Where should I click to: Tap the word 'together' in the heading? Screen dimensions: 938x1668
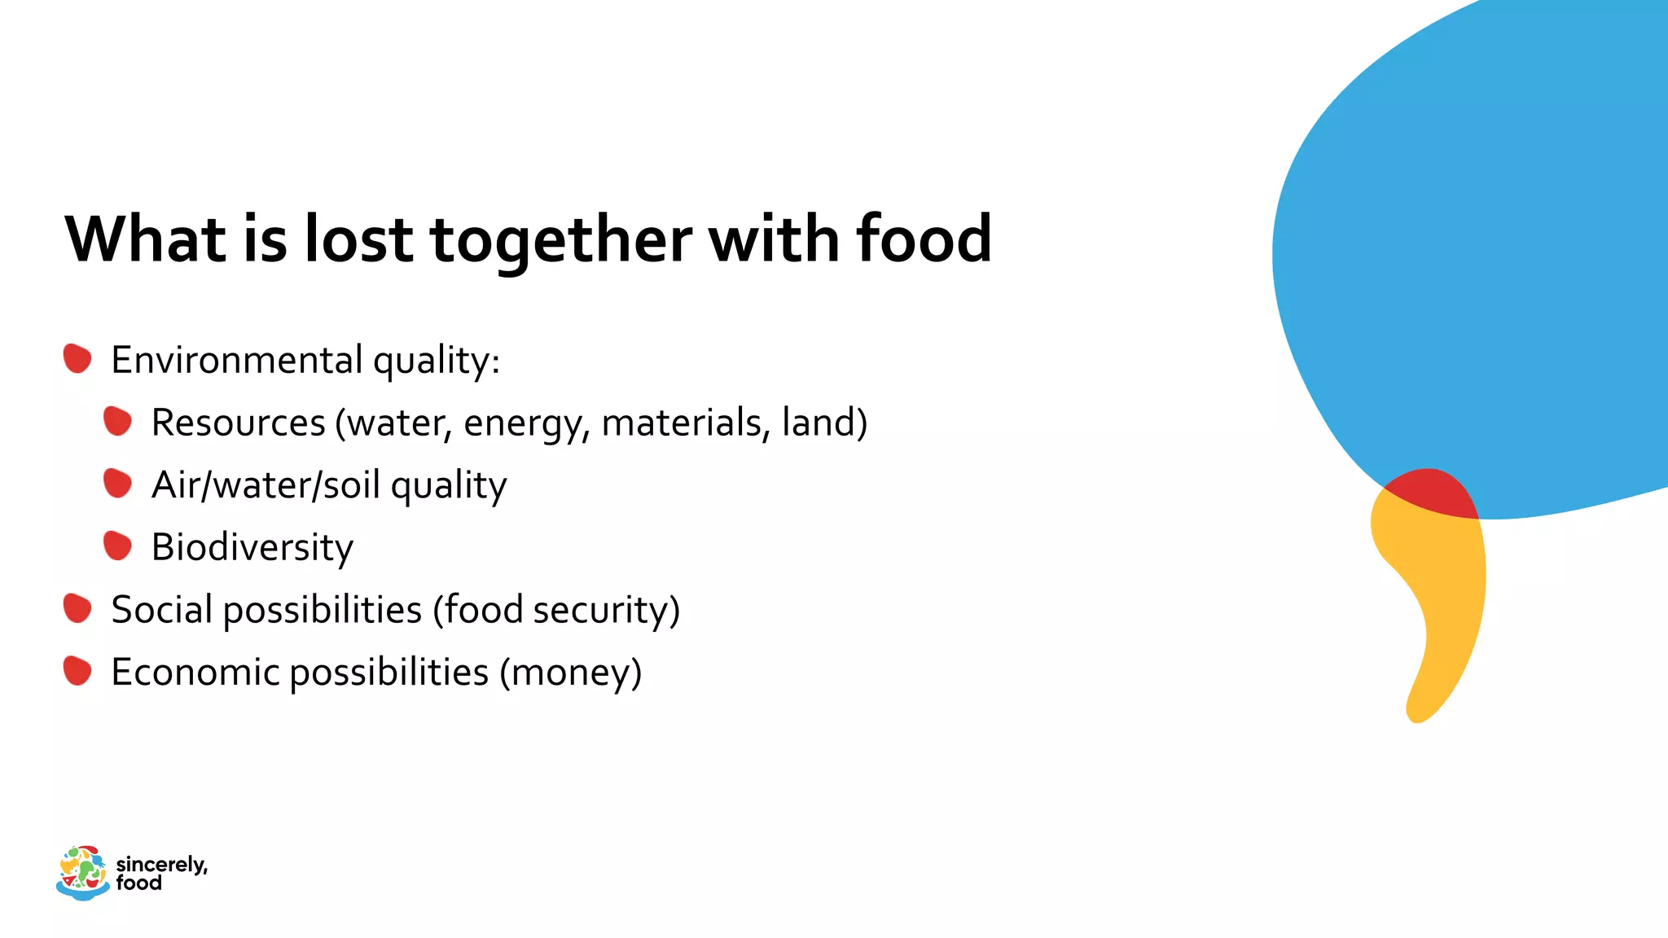561,240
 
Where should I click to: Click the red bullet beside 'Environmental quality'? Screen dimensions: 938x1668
77,358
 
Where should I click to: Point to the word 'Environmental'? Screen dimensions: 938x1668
237,360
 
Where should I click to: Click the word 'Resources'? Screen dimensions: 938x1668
238,423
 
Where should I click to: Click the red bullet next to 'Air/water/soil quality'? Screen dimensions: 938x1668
117,484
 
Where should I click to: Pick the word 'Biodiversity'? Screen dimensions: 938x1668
252,547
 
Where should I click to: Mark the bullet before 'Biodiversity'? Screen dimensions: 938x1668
117,546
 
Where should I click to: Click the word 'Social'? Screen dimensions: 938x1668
162,609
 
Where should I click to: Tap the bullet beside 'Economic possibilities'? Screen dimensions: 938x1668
77,671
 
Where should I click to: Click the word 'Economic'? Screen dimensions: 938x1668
195,673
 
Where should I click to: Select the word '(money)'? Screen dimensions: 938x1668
570,673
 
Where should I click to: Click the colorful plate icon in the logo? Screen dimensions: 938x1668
83,872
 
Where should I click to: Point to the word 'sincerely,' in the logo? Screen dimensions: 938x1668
161,864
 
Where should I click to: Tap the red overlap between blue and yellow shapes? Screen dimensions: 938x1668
1432,492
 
